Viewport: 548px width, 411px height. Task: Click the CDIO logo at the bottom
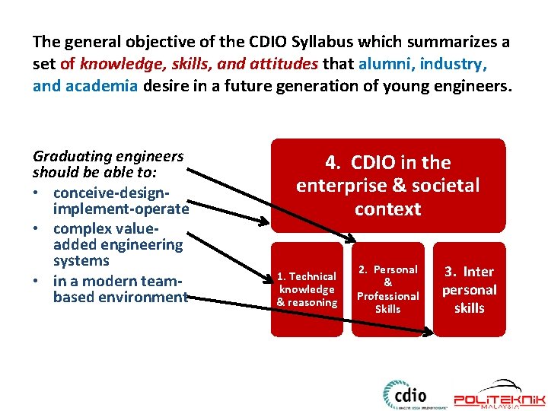coord(405,396)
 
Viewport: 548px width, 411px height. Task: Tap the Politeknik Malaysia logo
coord(499,396)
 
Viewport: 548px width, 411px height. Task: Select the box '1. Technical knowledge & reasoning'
coord(307,289)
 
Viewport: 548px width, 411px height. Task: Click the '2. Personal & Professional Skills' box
coord(388,289)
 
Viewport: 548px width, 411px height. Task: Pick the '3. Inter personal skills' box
coord(470,289)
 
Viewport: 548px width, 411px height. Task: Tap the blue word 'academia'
coord(102,86)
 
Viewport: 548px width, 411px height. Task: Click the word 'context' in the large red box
coord(388,209)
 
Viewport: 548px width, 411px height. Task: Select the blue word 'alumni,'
coord(387,64)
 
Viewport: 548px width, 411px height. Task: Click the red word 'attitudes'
coord(282,64)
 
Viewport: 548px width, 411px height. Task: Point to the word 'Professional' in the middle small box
coord(388,296)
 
